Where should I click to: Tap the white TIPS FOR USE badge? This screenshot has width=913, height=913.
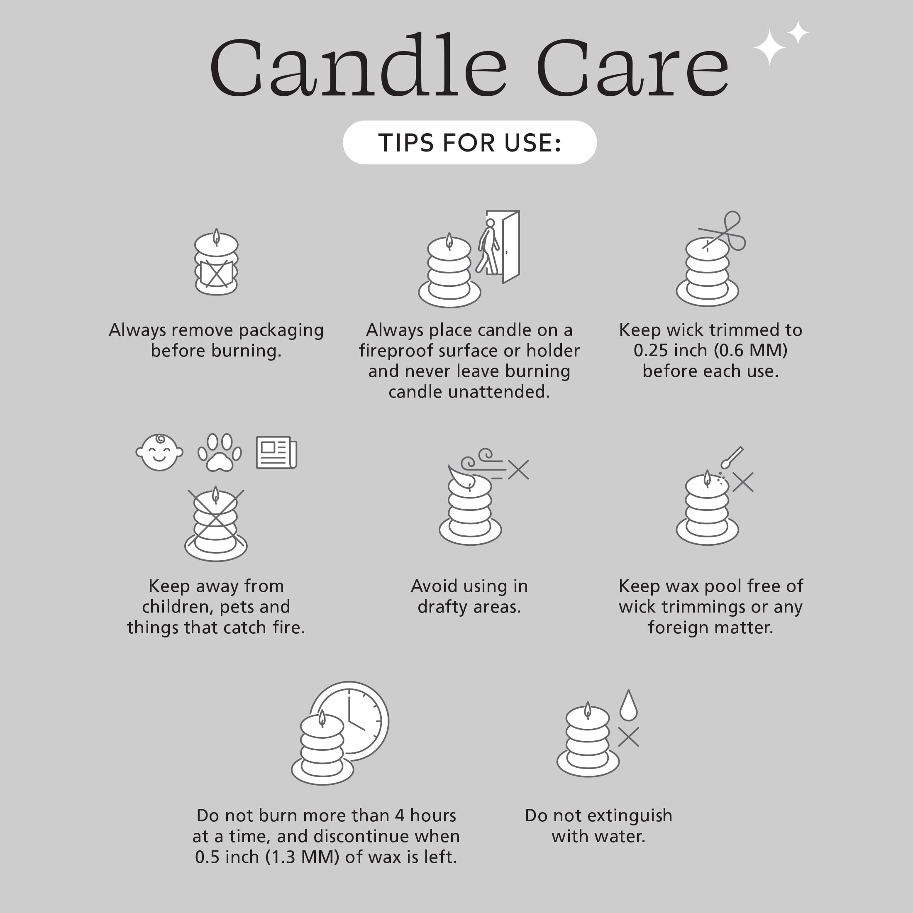pos(470,142)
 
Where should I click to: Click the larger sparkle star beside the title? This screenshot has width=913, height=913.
pos(769,47)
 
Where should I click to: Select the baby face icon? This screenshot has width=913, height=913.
pos(159,452)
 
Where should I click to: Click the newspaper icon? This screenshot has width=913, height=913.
pos(276,453)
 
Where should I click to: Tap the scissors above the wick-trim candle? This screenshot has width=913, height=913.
pos(723,232)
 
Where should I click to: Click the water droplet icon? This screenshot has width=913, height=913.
pos(628,705)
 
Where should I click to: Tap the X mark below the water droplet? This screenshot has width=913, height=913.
pos(628,737)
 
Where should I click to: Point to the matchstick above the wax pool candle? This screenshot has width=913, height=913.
pos(732,457)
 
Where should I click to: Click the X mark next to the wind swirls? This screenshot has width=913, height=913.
pos(518,470)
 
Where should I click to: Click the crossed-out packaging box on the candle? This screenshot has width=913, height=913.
pos(217,273)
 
